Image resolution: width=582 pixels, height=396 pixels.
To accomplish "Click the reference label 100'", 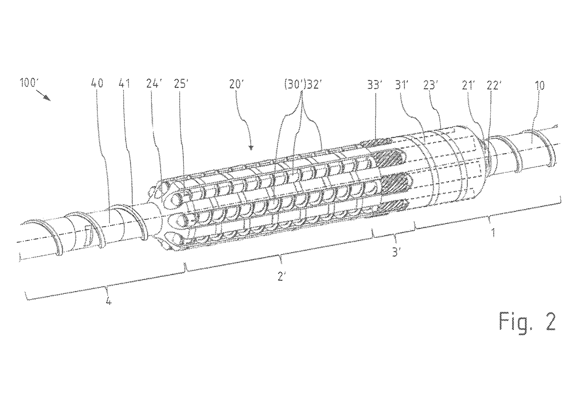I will (28, 83).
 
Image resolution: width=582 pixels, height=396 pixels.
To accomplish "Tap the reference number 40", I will (97, 83).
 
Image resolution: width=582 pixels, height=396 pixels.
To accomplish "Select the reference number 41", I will (124, 83).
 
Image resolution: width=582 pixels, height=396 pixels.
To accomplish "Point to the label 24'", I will (153, 83).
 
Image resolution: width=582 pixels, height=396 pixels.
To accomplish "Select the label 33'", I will (374, 85).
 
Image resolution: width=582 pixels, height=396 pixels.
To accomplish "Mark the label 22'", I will (493, 86).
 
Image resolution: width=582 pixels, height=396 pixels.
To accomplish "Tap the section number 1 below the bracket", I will (493, 233).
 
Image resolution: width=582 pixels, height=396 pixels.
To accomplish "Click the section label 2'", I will (282, 276).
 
